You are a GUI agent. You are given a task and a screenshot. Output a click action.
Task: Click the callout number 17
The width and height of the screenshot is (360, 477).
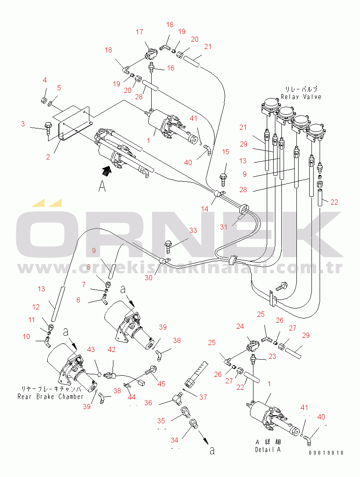(x=140, y=32)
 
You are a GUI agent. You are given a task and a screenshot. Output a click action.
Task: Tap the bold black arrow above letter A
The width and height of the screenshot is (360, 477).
(x=105, y=171)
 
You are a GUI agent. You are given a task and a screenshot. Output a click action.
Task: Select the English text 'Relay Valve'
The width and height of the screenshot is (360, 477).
(x=301, y=97)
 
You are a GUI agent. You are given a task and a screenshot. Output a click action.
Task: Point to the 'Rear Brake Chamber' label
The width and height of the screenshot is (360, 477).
(x=51, y=396)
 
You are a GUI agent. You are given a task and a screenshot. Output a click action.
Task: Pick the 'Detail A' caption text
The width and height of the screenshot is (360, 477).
(x=267, y=449)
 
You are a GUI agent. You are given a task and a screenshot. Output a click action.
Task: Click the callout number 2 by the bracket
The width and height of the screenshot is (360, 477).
(x=49, y=157)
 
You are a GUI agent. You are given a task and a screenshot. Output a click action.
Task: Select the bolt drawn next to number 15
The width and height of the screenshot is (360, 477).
(x=223, y=176)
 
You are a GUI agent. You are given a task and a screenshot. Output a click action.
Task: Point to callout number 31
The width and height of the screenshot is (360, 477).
(x=224, y=227)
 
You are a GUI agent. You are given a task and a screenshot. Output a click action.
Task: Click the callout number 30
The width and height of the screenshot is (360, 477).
(x=149, y=278)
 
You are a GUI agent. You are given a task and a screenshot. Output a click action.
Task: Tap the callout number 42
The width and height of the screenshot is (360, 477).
(x=112, y=350)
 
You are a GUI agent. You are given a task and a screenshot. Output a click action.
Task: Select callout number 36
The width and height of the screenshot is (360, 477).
(x=148, y=403)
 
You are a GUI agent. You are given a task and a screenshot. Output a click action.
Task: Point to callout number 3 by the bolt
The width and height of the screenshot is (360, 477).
(x=23, y=124)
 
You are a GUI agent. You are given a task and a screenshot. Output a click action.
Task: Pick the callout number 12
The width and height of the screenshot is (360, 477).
(x=36, y=307)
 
